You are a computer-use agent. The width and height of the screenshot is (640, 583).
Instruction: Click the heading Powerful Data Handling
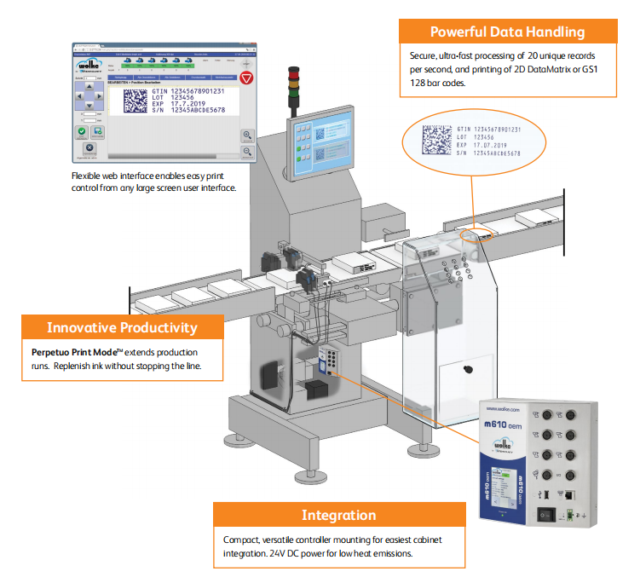pyautogui.click(x=507, y=32)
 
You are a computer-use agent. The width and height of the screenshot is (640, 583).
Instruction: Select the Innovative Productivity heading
pyautogui.click(x=122, y=327)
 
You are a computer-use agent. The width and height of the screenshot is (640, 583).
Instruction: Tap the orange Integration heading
pyautogui.click(x=338, y=515)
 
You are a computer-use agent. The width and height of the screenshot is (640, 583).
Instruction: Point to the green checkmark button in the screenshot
pyautogui.click(x=82, y=132)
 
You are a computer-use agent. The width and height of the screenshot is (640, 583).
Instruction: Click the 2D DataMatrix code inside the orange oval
pyautogui.click(x=438, y=140)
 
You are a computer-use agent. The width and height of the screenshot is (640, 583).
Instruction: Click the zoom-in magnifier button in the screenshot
pyautogui.click(x=247, y=135)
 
